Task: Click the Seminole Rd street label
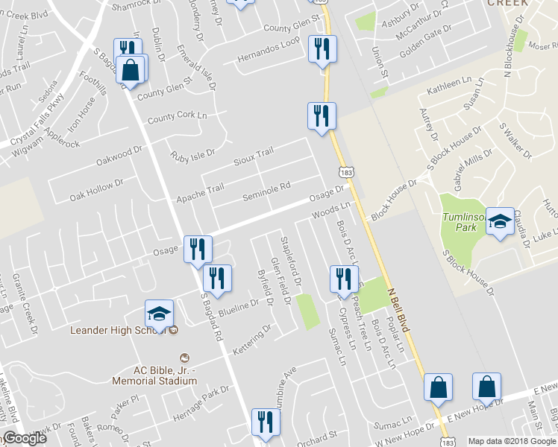pos(266,192)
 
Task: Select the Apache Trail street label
pos(199,194)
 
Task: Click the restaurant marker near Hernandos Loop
pos(322,50)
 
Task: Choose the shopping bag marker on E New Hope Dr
pos(486,387)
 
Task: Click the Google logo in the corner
pos(24,439)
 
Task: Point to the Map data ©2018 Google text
pos(512,441)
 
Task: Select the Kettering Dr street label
pos(251,339)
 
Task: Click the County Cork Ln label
pos(177,117)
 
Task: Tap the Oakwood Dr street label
pos(119,156)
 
